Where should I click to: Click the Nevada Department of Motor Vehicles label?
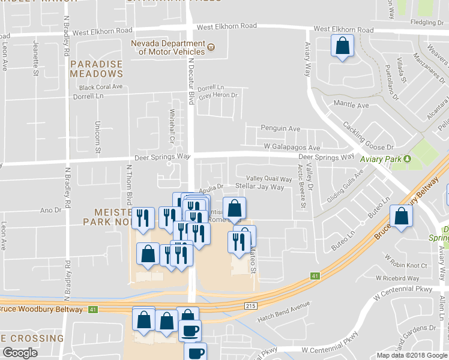[168, 47]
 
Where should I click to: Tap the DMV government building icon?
[211, 47]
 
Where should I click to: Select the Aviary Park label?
[381, 159]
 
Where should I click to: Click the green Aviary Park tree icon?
[408, 159]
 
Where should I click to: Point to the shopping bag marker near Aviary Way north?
[342, 46]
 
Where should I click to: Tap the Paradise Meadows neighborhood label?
[96, 69]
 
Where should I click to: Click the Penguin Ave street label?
[280, 128]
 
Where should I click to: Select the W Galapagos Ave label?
[292, 148]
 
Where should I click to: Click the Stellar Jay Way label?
[259, 187]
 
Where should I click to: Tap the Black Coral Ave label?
[101, 87]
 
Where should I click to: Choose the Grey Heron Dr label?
[218, 95]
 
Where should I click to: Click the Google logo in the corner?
[20, 353]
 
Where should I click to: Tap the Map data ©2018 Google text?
[411, 355]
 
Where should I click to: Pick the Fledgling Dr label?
[427, 23]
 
